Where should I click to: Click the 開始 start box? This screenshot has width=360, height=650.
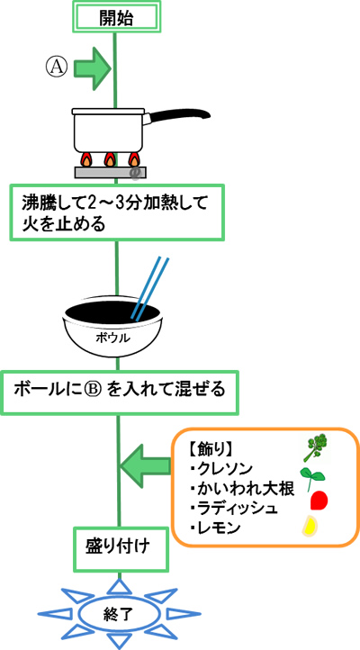[115, 16]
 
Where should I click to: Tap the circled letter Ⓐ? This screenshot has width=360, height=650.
[56, 68]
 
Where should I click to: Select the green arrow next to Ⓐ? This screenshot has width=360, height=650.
[93, 68]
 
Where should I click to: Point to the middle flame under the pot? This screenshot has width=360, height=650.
[110, 159]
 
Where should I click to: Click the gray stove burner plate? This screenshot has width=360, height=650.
[110, 173]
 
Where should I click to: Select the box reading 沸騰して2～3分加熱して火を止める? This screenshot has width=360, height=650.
[117, 212]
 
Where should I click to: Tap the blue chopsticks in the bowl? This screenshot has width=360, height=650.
[150, 287]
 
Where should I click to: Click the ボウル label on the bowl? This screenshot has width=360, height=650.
[112, 338]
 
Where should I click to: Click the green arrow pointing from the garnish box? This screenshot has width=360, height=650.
[145, 466]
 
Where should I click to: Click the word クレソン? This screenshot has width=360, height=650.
[225, 469]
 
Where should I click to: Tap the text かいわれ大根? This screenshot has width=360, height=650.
[242, 489]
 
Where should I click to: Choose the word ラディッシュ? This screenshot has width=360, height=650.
[234, 509]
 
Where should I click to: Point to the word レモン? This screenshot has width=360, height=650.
[215, 528]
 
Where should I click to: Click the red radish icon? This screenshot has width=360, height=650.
[319, 500]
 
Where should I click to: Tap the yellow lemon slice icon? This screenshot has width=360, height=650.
[310, 526]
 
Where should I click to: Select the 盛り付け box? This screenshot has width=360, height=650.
[121, 549]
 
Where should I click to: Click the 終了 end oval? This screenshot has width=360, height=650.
[119, 613]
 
